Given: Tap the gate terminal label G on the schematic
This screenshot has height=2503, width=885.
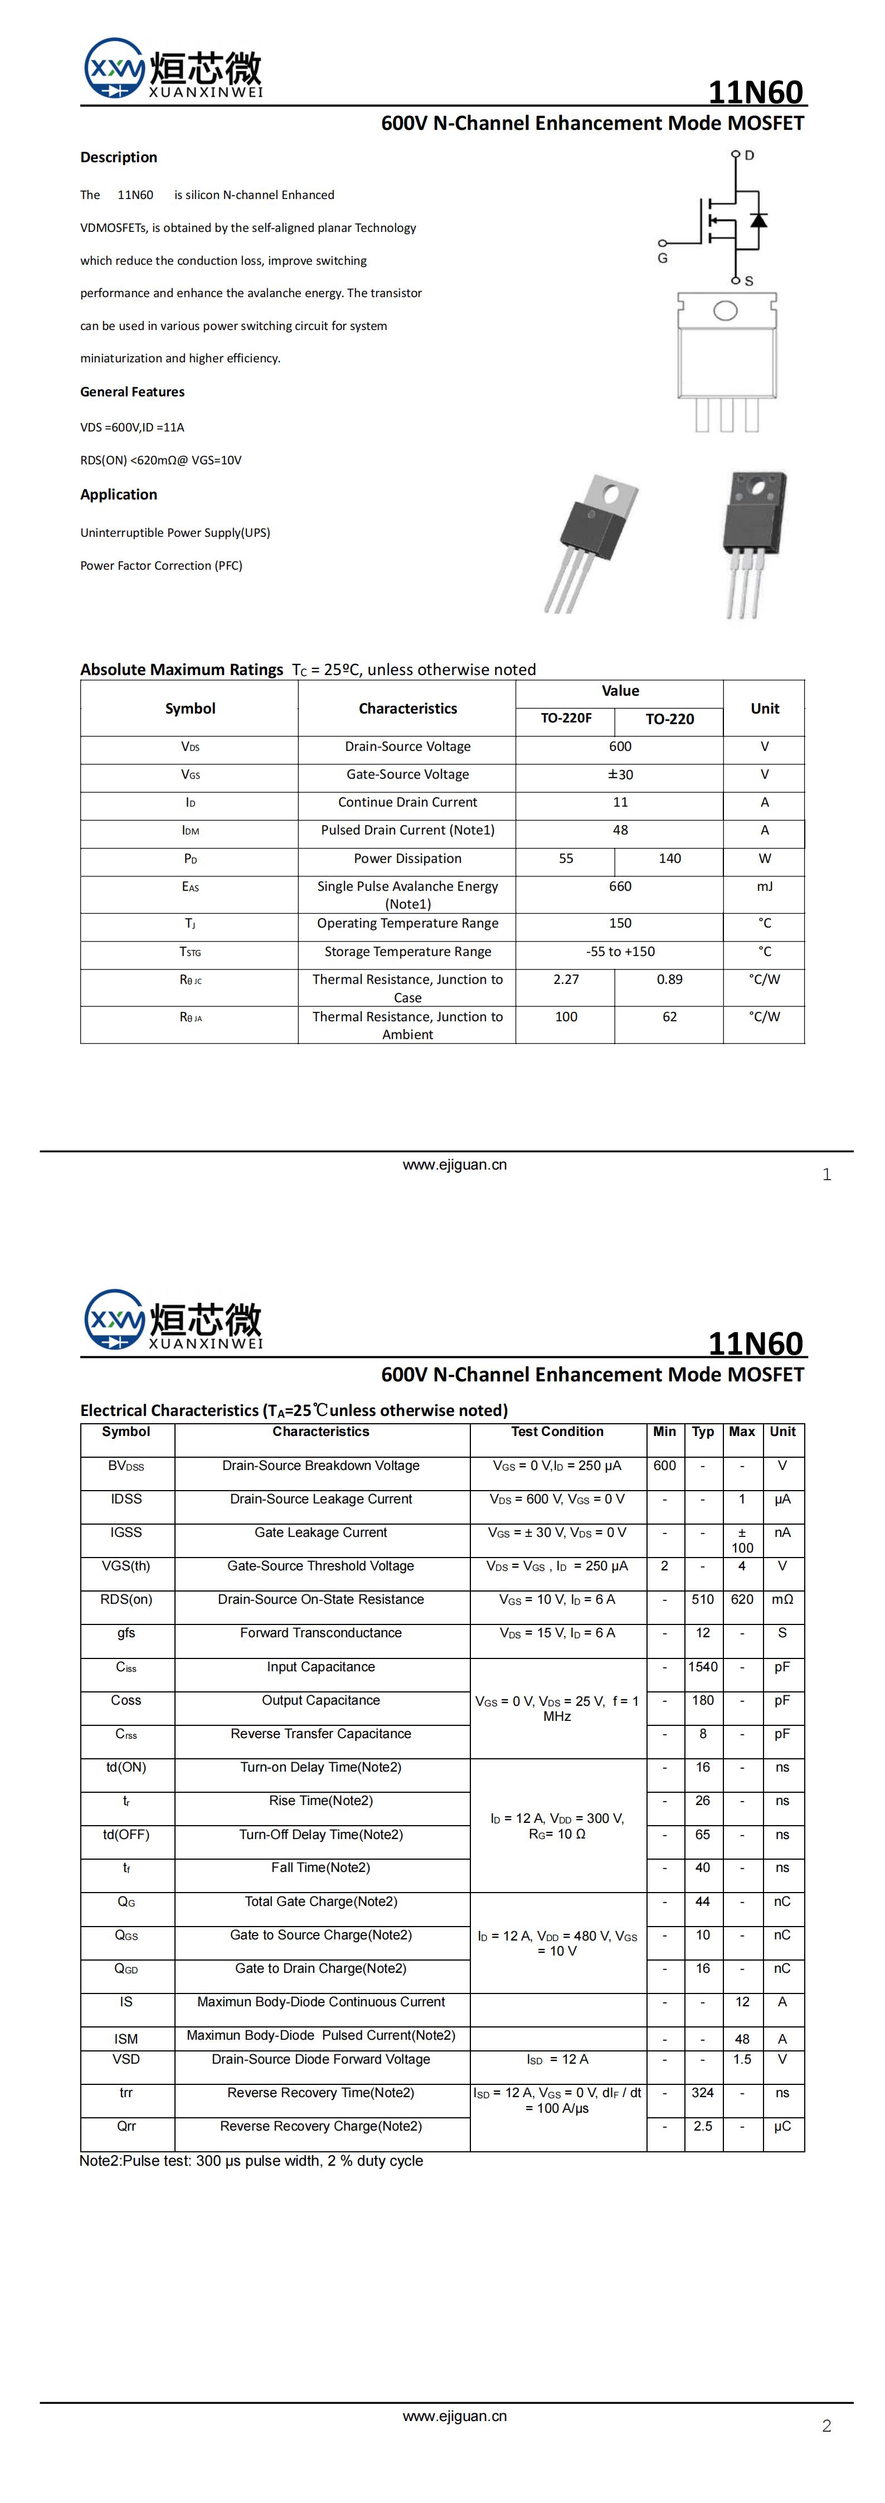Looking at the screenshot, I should click(663, 259).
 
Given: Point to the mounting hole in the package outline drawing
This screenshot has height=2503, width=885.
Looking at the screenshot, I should click(724, 311).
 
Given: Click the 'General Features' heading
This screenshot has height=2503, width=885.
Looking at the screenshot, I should click(132, 391).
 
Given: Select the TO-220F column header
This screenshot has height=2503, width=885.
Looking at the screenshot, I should click(566, 718).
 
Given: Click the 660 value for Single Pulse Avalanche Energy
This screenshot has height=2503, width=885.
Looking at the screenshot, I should click(620, 886).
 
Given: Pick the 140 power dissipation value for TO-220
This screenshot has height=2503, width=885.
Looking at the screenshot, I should click(669, 858).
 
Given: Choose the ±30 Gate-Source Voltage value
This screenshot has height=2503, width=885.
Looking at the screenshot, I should click(620, 774).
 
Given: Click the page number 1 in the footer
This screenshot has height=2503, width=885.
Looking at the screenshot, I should click(826, 1175).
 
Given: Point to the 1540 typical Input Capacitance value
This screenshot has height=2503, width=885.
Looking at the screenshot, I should click(702, 1666).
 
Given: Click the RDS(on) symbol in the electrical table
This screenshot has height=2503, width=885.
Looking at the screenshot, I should click(127, 1599).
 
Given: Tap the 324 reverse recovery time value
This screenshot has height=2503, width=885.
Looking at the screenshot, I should click(702, 2092).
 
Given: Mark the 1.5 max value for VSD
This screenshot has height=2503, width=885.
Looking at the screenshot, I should click(742, 2059).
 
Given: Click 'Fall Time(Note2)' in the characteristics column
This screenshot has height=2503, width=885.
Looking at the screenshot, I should click(320, 1867).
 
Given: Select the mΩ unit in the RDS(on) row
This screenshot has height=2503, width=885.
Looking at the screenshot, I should click(782, 1599).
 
